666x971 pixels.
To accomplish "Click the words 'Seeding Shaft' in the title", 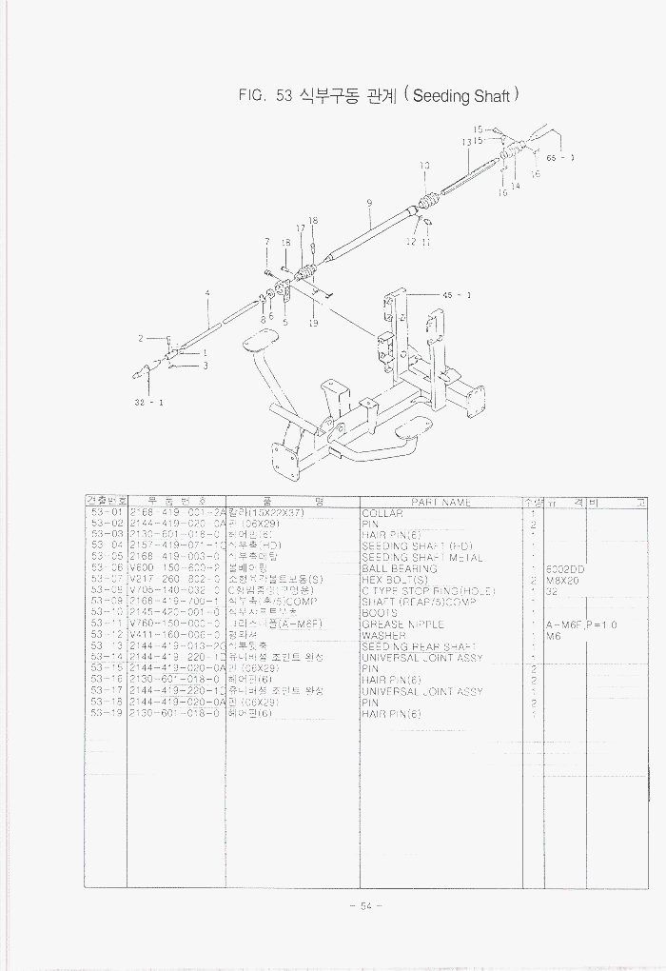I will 463,96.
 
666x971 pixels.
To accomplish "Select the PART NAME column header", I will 441,502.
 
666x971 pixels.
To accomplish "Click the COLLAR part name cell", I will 383,513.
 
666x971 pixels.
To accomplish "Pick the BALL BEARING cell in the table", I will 400,568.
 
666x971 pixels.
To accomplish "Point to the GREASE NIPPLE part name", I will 403,624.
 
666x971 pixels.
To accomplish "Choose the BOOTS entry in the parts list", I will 380,613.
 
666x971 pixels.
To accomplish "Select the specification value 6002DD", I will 565,569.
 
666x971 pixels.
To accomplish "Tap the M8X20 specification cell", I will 561,580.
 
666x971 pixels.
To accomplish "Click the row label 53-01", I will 107,513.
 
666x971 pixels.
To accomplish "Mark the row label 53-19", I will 107,714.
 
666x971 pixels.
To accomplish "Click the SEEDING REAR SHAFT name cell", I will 419,647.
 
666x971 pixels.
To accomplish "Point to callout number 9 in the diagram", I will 369,202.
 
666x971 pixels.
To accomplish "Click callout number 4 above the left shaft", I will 207,293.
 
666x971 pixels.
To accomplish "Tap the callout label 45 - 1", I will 457,295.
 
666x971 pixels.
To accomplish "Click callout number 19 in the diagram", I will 313,324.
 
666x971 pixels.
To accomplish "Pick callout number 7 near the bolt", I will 267,242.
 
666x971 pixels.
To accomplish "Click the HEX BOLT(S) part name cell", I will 395,580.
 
